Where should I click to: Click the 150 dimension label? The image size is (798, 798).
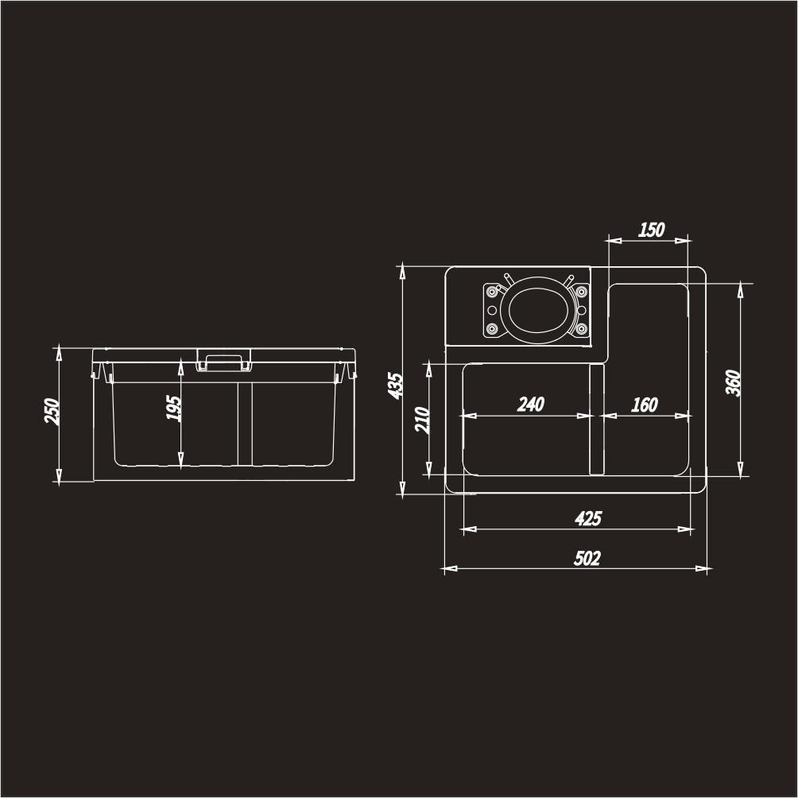(x=652, y=230)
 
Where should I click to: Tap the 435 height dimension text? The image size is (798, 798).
(x=396, y=385)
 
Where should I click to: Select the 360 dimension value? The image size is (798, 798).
(x=734, y=382)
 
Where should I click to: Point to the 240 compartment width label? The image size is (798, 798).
(x=531, y=405)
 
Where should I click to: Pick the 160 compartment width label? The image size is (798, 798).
(x=645, y=405)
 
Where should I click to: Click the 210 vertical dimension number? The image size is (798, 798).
(x=422, y=420)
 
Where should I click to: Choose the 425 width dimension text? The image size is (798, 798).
(x=588, y=518)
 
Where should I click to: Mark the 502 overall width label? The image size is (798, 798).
(x=587, y=558)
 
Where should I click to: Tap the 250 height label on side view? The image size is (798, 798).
(x=52, y=411)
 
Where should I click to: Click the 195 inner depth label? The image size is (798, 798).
(x=173, y=408)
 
